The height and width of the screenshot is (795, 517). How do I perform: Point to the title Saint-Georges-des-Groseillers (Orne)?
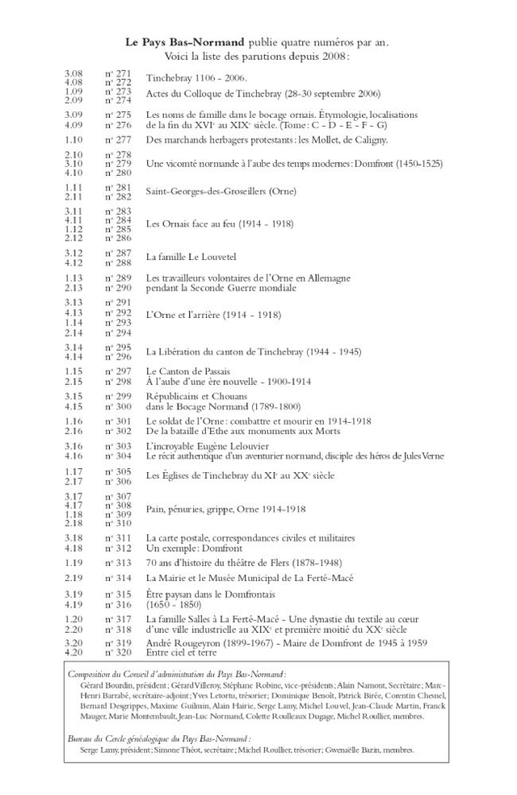tap(221, 191)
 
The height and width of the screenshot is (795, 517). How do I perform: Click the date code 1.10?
tap(74, 140)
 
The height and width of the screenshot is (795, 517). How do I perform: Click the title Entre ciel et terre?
tap(181, 652)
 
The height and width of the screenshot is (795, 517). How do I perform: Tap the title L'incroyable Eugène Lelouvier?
tap(208, 446)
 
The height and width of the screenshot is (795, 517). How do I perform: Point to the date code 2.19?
tap(74, 578)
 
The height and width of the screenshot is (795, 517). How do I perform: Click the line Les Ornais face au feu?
tap(219, 224)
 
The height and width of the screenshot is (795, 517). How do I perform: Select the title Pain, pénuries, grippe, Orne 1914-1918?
tap(225, 509)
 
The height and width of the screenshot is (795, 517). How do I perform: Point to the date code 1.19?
tap(74, 563)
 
